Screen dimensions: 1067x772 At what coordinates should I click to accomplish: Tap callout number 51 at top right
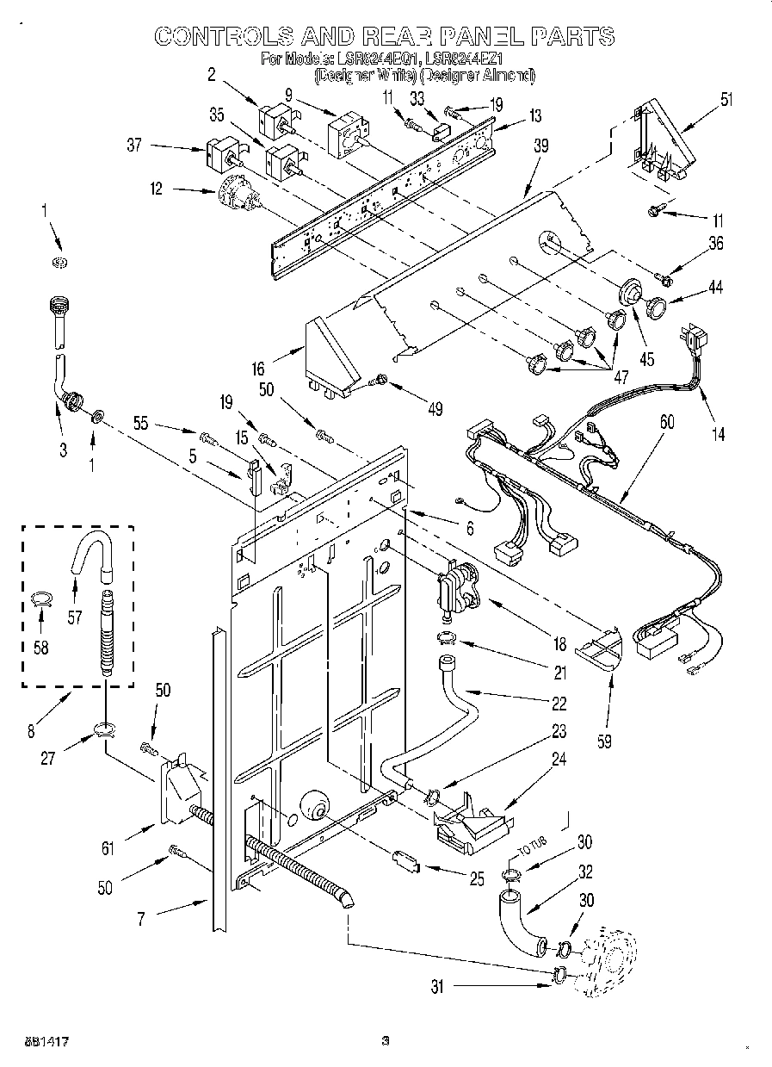tap(726, 97)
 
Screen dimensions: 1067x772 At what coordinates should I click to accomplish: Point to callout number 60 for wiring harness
tap(667, 423)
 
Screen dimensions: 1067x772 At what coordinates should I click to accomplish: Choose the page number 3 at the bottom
tap(386, 1040)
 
